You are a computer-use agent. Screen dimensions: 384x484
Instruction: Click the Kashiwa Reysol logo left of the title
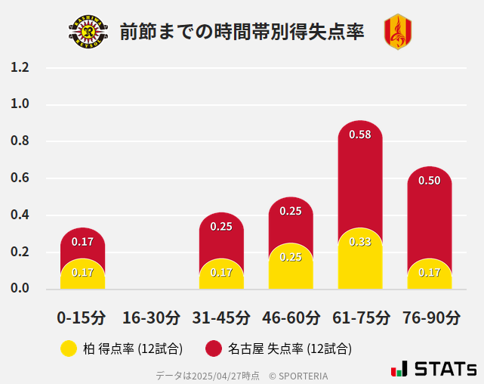point(88,32)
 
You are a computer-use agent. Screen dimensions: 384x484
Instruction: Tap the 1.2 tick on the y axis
point(20,68)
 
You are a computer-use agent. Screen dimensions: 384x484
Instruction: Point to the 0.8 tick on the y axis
point(20,141)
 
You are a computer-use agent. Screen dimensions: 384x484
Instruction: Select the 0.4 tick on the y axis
point(20,215)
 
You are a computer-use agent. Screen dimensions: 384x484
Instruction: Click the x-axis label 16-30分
point(152,317)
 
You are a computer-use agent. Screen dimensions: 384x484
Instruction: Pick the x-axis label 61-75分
point(360,317)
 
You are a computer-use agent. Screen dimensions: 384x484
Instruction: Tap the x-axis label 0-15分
point(82,317)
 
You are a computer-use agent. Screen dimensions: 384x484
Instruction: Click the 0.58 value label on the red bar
point(360,135)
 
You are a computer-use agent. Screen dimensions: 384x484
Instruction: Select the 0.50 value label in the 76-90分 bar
point(430,181)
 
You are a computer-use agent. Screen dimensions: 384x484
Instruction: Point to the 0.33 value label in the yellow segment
point(360,242)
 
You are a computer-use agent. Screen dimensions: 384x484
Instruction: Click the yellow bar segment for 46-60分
point(291,268)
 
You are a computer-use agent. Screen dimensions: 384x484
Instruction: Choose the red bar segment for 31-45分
point(221,234)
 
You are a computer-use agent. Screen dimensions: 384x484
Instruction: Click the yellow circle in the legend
point(69,348)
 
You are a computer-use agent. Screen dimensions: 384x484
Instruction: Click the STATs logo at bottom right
point(434,369)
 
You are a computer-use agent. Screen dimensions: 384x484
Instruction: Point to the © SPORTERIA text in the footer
point(298,376)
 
